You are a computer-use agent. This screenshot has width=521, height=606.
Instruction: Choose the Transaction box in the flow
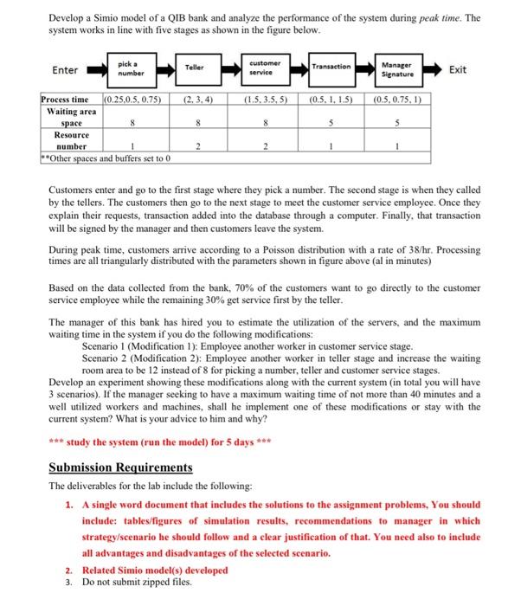pyautogui.click(x=331, y=68)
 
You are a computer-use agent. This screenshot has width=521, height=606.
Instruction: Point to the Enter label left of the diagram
pyautogui.click(x=65, y=70)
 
